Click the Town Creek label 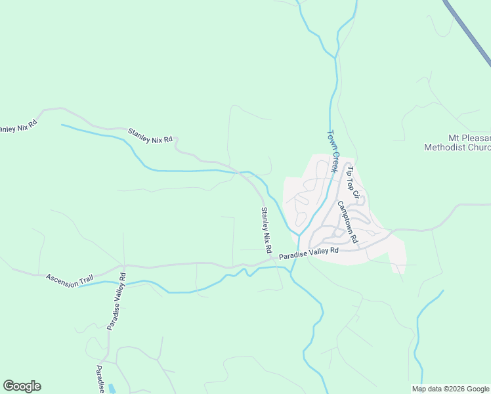tap(333, 151)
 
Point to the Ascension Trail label tap(70, 279)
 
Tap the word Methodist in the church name tap(446, 148)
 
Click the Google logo tap(22, 386)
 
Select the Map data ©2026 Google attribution tap(451, 389)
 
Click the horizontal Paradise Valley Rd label tap(308, 252)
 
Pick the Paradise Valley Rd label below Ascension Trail tap(117, 307)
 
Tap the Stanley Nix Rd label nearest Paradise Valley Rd tap(267, 230)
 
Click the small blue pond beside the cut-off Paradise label tap(111, 389)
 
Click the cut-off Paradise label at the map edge tap(100, 379)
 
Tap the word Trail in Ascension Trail tap(86, 281)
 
